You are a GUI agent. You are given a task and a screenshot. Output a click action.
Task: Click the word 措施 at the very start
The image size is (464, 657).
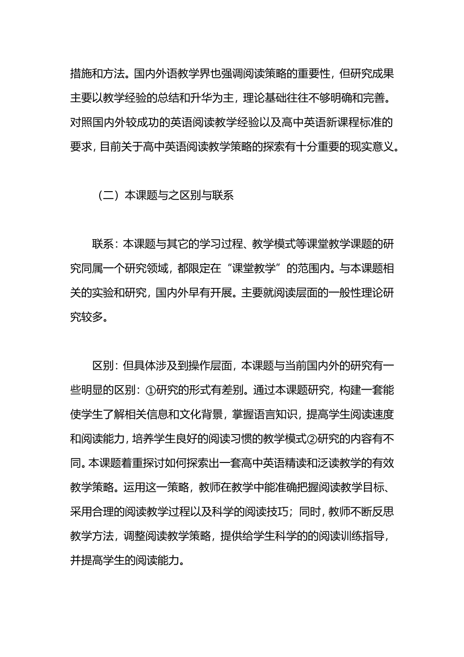(81, 74)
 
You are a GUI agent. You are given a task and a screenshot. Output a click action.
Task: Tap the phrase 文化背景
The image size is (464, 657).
(199, 414)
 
